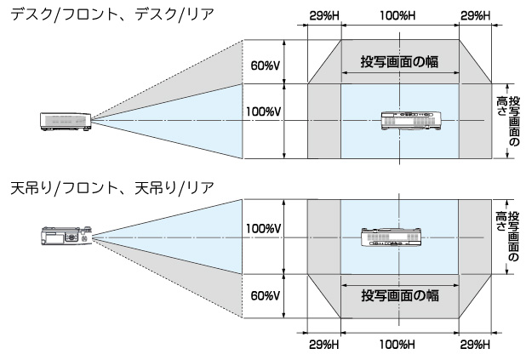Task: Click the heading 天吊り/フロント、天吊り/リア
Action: point(106,186)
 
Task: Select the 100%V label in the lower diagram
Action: point(261,229)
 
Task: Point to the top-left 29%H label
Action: point(324,14)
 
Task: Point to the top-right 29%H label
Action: point(474,14)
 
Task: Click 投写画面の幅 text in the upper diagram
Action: point(399,61)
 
